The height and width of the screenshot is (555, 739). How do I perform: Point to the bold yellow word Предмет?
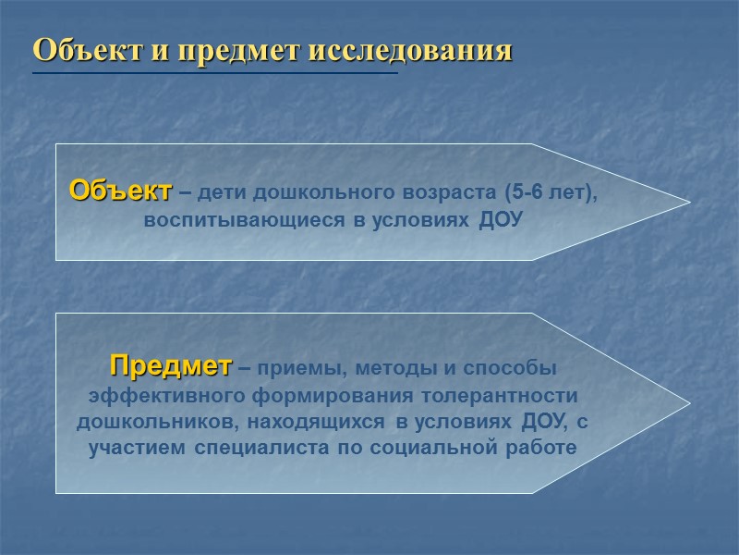(x=170, y=365)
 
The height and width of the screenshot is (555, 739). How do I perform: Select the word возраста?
(x=456, y=194)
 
